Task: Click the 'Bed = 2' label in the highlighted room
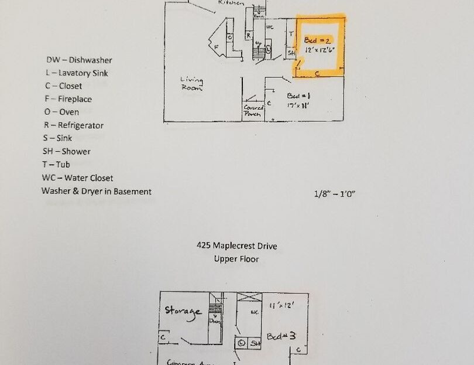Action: coord(318,40)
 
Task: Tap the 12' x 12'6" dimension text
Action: coord(320,51)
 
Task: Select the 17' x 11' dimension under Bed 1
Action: coord(298,107)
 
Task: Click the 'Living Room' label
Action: coord(191,84)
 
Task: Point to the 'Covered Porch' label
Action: coord(253,111)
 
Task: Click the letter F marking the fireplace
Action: coord(217,46)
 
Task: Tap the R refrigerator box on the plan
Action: coord(249,36)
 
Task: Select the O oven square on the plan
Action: coord(230,37)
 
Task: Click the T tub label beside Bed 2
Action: coord(291,34)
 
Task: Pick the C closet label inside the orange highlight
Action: coord(317,73)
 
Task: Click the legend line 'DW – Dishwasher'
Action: coord(79,60)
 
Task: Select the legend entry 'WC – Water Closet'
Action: coord(77,178)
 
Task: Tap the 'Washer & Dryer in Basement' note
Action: coord(96,191)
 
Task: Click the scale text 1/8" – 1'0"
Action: coord(334,193)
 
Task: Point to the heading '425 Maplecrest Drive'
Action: coord(236,246)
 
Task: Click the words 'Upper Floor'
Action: coord(236,258)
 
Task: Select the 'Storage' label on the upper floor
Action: coord(183,311)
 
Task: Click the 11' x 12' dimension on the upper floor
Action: coord(281,305)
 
